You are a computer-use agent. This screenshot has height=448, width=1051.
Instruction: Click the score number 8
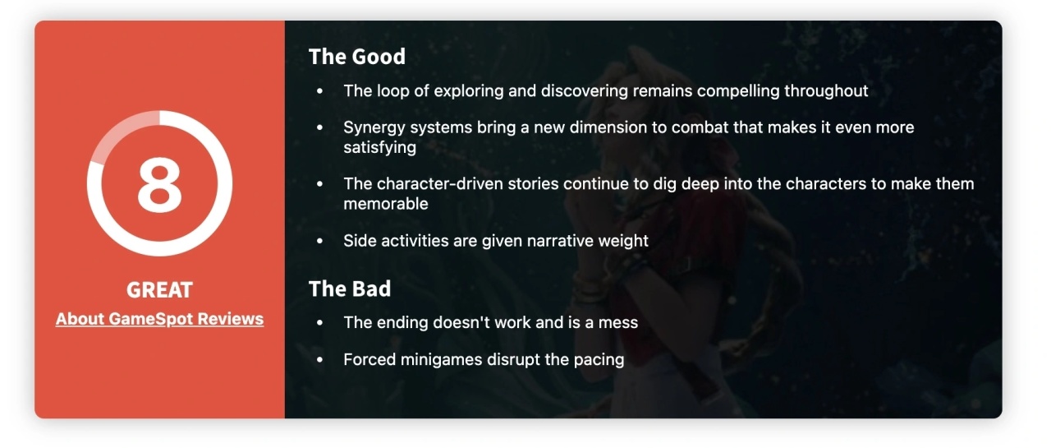pyautogui.click(x=159, y=185)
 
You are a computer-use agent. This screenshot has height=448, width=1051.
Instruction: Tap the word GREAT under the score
pyautogui.click(x=159, y=289)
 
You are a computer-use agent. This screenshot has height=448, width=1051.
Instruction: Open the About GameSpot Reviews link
pyautogui.click(x=159, y=319)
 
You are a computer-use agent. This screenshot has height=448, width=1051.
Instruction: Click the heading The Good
pyautogui.click(x=356, y=57)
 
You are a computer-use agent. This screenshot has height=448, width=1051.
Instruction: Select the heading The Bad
pyautogui.click(x=350, y=289)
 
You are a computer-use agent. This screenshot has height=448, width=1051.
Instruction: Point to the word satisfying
pyautogui.click(x=379, y=147)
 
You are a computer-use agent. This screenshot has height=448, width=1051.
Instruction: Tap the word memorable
pyautogui.click(x=386, y=204)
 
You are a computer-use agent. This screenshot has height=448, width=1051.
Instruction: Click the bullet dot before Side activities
pyautogui.click(x=320, y=241)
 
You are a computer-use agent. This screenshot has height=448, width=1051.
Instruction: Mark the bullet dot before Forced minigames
pyautogui.click(x=320, y=360)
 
